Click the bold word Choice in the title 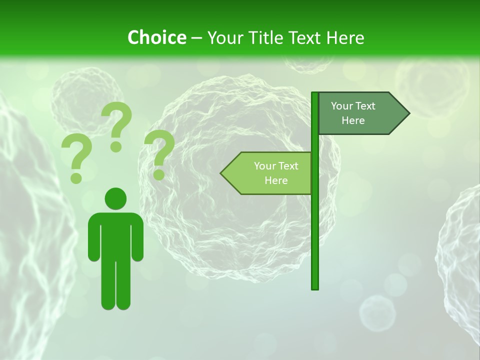(x=156, y=37)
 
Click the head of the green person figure (x=115, y=198)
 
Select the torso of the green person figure (x=115, y=235)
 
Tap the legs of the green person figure (x=115, y=285)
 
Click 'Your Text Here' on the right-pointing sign (x=353, y=113)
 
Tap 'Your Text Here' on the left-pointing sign (x=276, y=173)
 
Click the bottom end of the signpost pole (x=315, y=287)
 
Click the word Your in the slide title (x=222, y=37)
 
